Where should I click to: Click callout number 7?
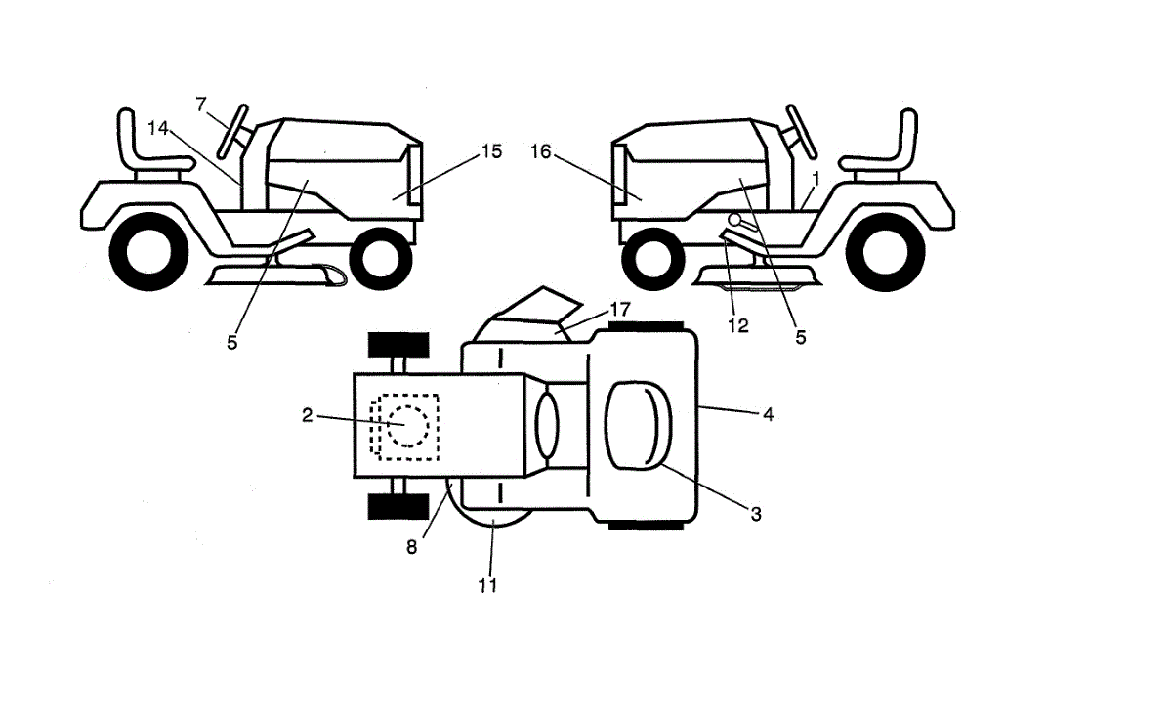201,103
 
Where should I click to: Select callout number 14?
159,127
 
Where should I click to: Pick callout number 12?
738,326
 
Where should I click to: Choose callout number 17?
620,310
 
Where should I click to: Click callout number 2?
307,415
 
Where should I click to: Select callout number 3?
755,512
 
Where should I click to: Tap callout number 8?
412,547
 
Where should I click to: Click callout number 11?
487,585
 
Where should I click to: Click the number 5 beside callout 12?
800,338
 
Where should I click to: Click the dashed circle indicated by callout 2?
407,427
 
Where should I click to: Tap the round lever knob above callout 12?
733,221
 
